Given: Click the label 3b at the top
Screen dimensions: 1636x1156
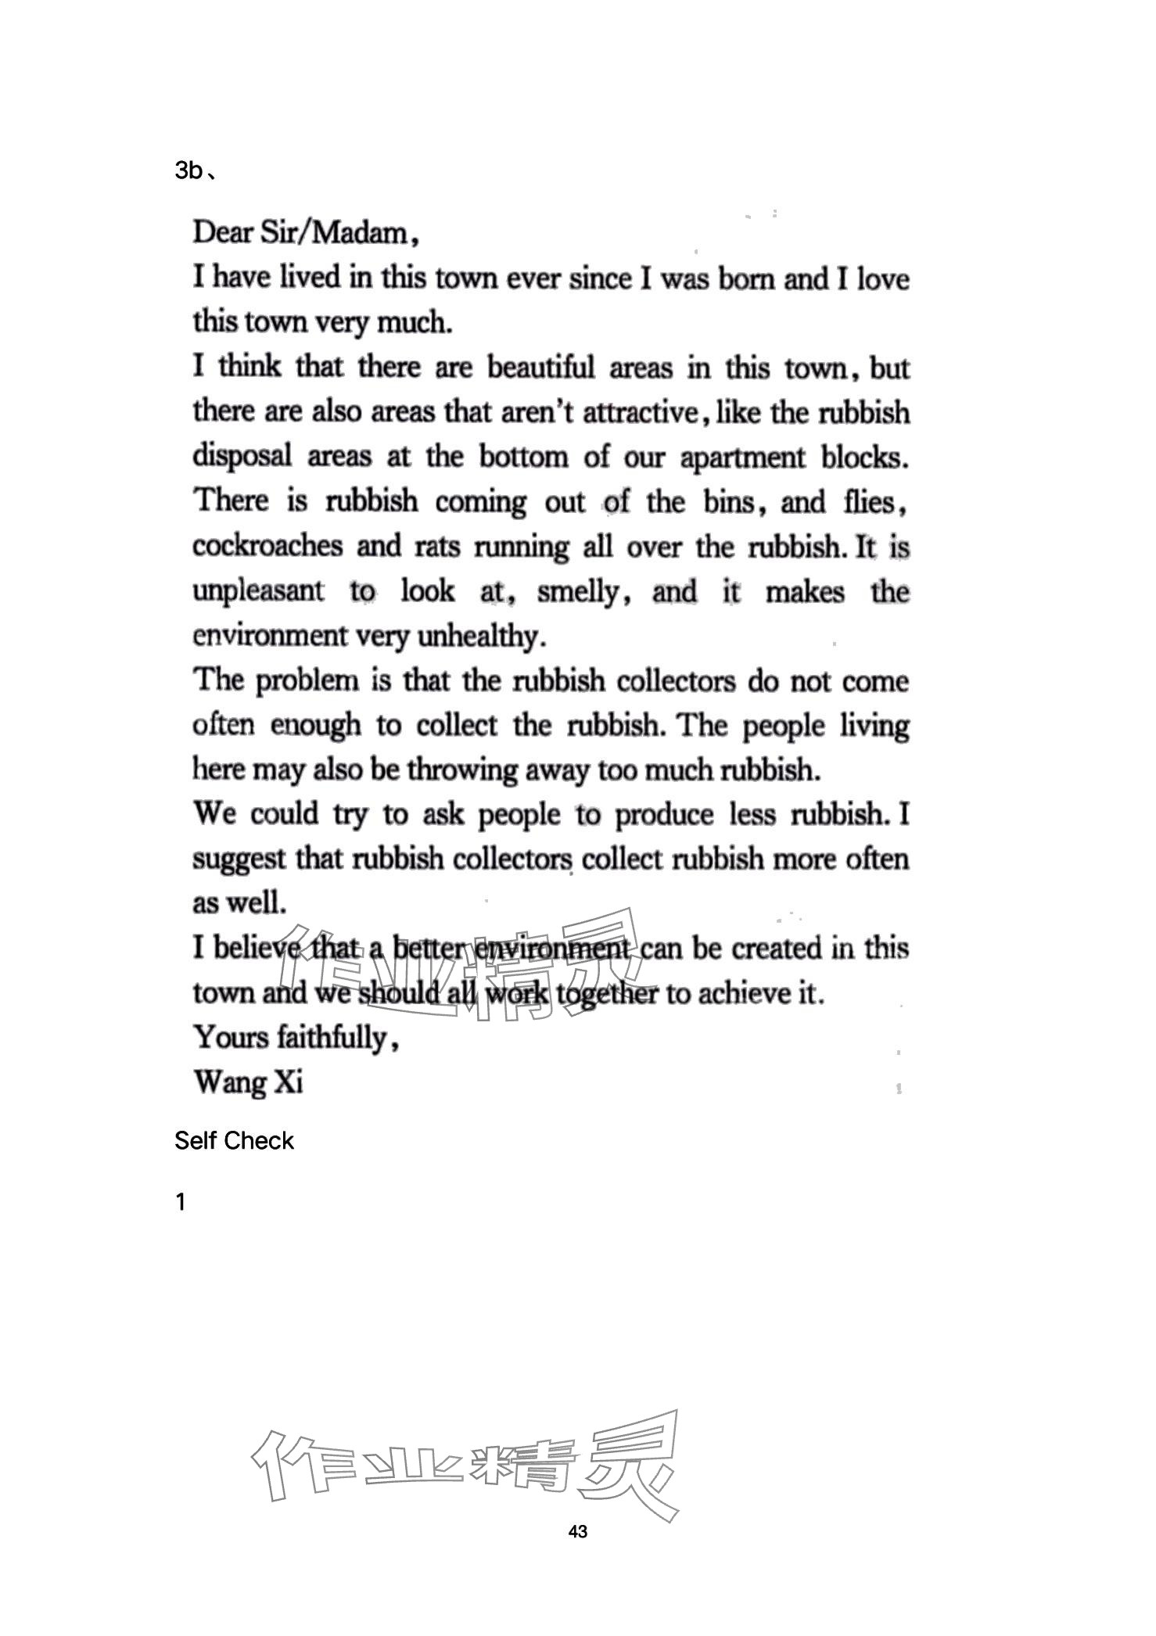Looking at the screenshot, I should [x=189, y=170].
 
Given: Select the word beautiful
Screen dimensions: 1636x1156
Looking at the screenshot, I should [x=541, y=368].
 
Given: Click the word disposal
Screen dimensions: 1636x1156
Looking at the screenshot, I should [x=242, y=457].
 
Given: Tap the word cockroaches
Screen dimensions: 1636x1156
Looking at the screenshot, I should [x=267, y=546].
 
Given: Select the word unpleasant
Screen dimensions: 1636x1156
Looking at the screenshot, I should [x=258, y=590].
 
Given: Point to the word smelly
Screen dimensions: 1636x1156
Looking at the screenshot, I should [x=580, y=592].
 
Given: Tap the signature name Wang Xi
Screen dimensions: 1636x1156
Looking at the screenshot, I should [x=248, y=1082].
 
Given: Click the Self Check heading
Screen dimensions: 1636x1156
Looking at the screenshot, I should [x=234, y=1141].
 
